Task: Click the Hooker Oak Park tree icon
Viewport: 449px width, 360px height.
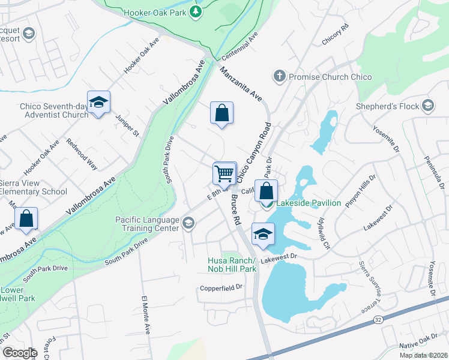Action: pyautogui.click(x=196, y=11)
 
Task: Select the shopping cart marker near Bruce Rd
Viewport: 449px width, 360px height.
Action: pyautogui.click(x=224, y=174)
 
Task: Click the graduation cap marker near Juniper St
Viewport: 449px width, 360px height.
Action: pyautogui.click(x=98, y=103)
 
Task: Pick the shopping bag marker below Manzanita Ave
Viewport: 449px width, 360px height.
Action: pyautogui.click(x=221, y=113)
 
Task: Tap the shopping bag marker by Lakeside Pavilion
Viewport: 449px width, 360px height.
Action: pyautogui.click(x=267, y=191)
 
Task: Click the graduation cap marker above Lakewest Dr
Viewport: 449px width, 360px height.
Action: pyautogui.click(x=262, y=235)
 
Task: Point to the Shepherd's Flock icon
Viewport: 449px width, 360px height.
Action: pyautogui.click(x=428, y=106)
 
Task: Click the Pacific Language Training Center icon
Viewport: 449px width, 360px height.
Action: pyautogui.click(x=188, y=223)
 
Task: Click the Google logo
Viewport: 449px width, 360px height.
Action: pyautogui.click(x=20, y=353)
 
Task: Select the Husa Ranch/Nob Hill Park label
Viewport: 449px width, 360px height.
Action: pyautogui.click(x=232, y=265)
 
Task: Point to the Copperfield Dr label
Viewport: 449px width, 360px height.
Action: pyautogui.click(x=221, y=288)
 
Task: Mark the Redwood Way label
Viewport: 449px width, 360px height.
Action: pyautogui.click(x=82, y=154)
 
